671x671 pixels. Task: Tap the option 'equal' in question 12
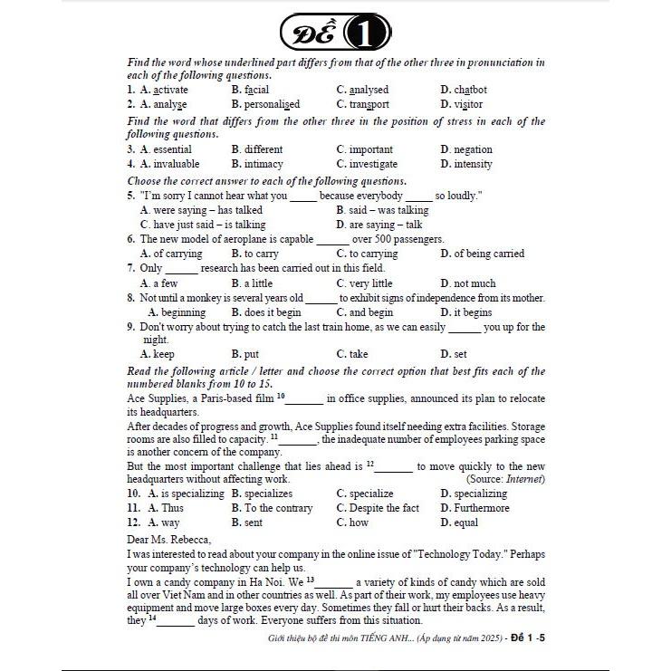pos(466,522)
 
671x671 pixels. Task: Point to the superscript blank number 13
pos(310,578)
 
